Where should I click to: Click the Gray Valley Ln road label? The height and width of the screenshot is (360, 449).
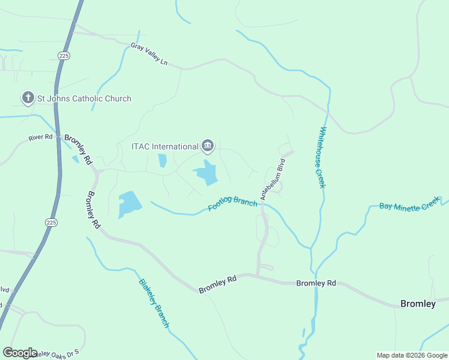(149, 54)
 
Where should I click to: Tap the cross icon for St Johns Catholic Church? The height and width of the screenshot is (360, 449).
(28, 98)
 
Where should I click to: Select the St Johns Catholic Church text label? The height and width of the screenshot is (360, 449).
(84, 98)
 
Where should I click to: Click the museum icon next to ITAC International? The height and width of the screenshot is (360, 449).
(208, 145)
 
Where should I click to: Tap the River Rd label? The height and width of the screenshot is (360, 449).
(41, 138)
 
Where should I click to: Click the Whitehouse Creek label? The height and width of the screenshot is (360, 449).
(322, 157)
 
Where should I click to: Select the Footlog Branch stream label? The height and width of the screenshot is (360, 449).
(233, 203)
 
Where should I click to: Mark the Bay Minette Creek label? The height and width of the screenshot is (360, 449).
(410, 206)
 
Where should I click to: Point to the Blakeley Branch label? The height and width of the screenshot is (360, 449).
(154, 303)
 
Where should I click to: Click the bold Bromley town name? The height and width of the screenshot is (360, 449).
(418, 304)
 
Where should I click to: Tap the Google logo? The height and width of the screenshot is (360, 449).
(20, 353)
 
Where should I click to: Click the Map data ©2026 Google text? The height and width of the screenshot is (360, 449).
(412, 355)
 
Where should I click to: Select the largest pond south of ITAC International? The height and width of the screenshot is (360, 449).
(206, 173)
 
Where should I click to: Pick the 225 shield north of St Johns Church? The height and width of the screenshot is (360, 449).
(64, 55)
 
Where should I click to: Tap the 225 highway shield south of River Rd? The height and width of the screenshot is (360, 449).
(51, 221)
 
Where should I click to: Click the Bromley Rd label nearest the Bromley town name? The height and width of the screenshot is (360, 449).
(316, 283)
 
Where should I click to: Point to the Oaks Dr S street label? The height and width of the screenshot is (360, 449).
(60, 353)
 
